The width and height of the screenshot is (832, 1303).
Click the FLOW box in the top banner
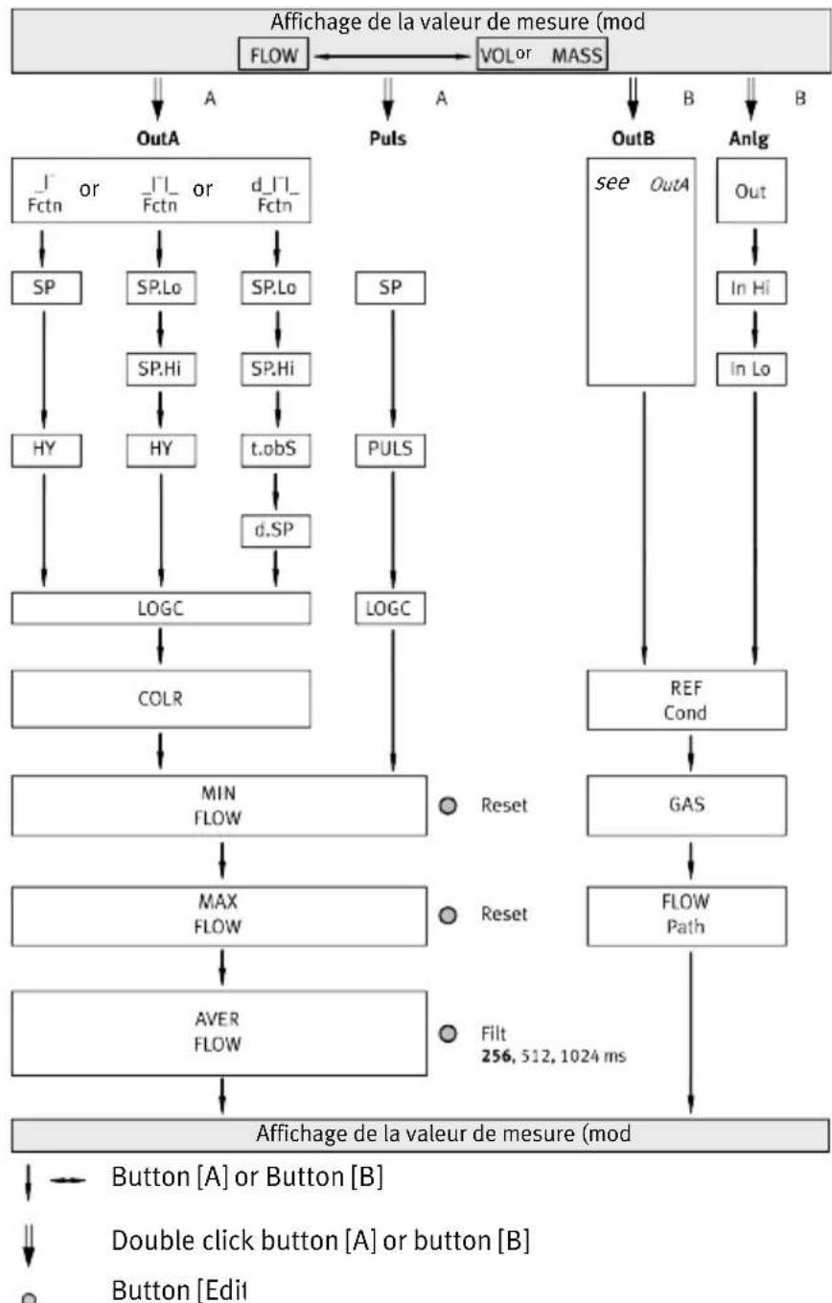(273, 55)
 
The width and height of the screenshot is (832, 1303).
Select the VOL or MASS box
(542, 55)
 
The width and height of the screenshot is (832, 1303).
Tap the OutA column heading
(157, 138)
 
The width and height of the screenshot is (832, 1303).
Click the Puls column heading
(388, 138)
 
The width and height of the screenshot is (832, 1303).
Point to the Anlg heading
(749, 138)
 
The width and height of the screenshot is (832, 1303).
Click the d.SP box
(276, 530)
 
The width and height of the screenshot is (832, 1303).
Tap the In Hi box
(751, 288)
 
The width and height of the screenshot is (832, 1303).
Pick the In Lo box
(751, 369)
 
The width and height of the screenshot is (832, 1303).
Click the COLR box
(161, 699)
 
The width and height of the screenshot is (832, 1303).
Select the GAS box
(686, 805)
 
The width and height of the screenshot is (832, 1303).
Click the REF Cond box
(686, 700)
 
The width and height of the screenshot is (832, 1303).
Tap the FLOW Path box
(686, 917)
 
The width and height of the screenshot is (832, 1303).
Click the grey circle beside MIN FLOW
(447, 805)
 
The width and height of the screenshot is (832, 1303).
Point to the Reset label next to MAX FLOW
(503, 914)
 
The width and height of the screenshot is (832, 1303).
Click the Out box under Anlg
(751, 190)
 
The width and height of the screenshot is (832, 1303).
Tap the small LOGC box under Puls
(390, 609)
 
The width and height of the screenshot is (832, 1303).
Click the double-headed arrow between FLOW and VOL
(392, 57)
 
